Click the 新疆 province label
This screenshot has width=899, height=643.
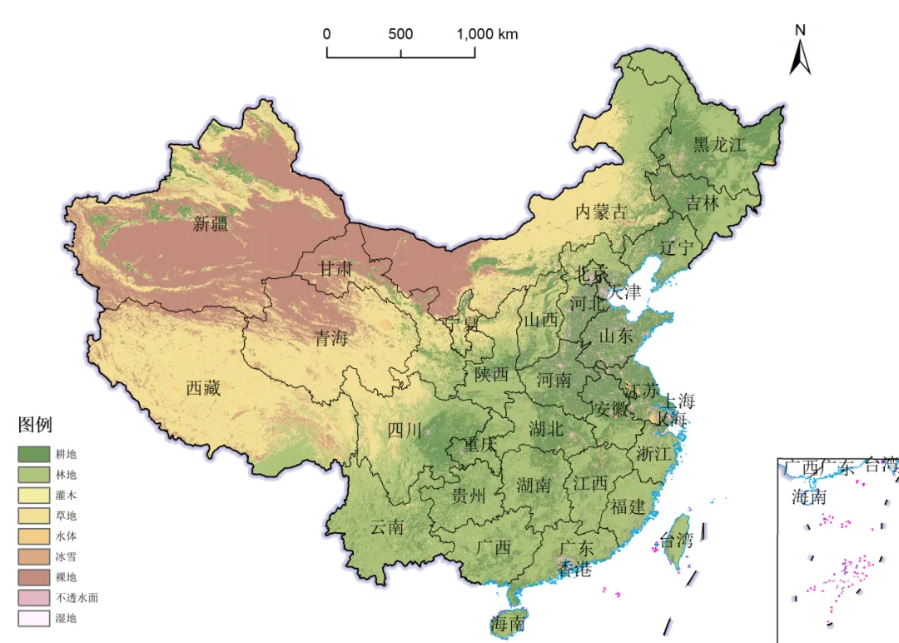click(x=211, y=223)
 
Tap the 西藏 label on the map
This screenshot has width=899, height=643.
click(x=203, y=387)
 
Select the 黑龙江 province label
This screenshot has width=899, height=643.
click(x=720, y=144)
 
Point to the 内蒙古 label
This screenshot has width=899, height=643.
click(x=602, y=212)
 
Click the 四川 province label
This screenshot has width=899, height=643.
click(x=405, y=430)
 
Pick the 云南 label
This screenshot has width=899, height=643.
click(x=387, y=526)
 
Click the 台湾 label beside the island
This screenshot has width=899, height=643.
click(x=676, y=540)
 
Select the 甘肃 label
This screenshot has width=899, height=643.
click(x=336, y=268)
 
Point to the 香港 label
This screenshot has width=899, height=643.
click(x=574, y=570)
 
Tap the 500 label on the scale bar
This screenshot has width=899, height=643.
click(x=400, y=34)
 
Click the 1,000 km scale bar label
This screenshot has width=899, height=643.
click(x=487, y=34)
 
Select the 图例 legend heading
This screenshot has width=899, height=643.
click(x=35, y=426)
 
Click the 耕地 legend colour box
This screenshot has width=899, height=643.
click(x=33, y=454)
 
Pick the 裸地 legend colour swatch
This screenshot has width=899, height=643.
click(x=33, y=577)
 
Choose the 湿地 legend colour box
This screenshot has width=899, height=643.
click(x=33, y=618)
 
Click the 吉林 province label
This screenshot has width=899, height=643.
click(x=703, y=202)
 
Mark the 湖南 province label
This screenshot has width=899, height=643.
click(x=534, y=484)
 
